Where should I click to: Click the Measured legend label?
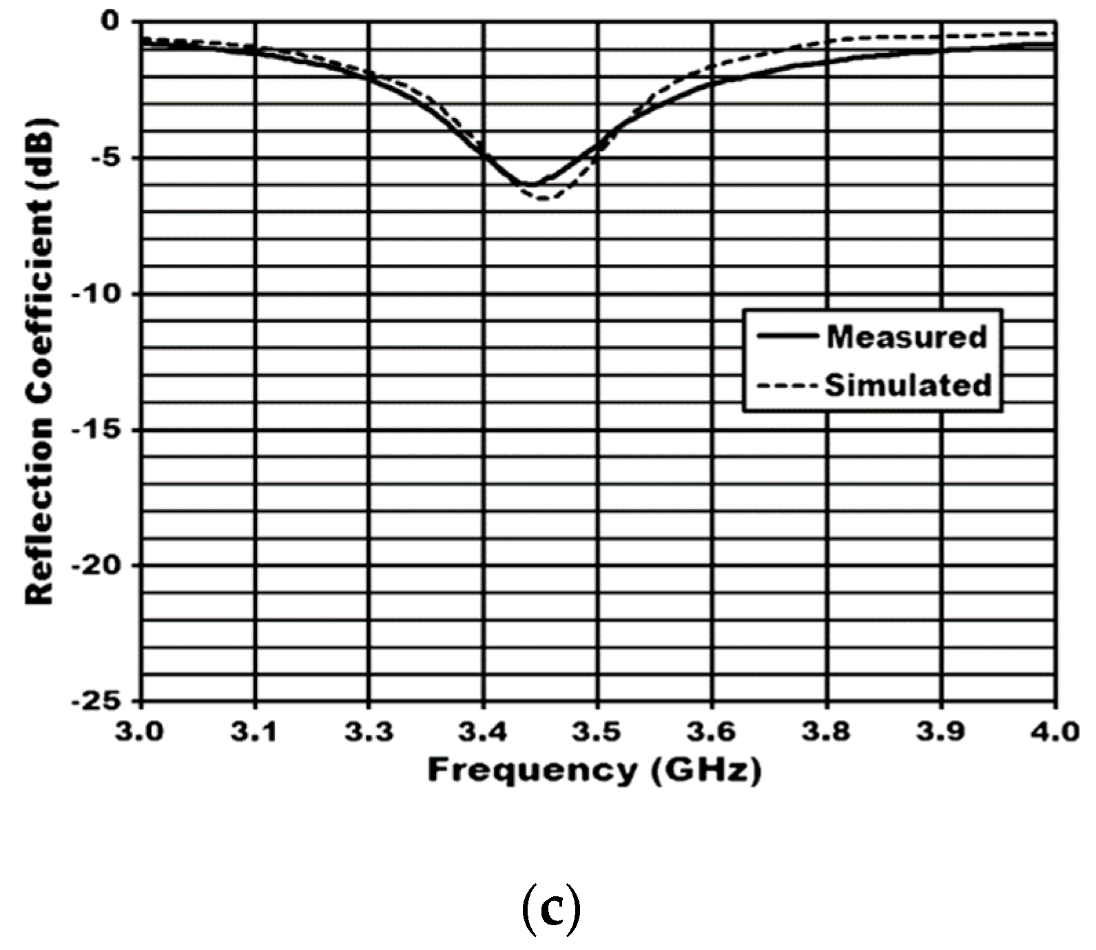tap(907, 337)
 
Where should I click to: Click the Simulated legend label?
tap(908, 385)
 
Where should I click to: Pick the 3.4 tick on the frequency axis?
tap(484, 732)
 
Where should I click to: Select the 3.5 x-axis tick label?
tap(598, 732)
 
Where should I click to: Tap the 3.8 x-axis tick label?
tap(827, 732)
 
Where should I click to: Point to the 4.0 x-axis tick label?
tap(1055, 732)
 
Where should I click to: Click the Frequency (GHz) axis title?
tap(594, 770)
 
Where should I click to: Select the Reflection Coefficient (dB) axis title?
tap(40, 362)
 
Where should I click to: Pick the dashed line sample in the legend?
tap(786, 385)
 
